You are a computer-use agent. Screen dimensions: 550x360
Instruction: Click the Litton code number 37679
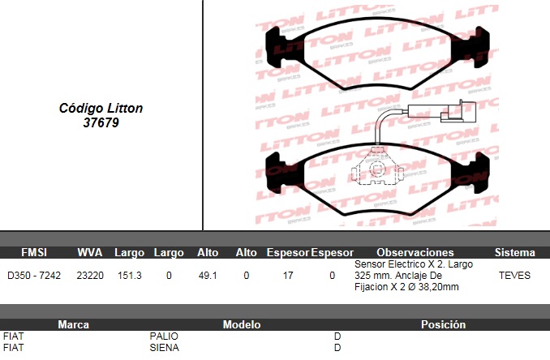[x=101, y=122]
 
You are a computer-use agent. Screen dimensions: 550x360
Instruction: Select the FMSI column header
[x=34, y=252]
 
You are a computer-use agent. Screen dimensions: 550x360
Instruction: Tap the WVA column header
[x=90, y=252]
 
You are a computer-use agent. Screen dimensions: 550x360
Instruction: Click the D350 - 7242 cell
[x=34, y=276]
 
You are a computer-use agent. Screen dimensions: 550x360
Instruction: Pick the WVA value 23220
[x=90, y=276]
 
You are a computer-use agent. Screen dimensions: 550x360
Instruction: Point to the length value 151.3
[x=130, y=276]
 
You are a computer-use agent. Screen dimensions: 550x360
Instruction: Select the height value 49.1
[x=208, y=276]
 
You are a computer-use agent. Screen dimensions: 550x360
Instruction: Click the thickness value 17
[x=288, y=276]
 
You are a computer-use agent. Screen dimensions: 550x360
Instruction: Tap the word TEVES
[x=514, y=276]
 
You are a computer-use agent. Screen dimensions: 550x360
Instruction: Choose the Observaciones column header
[x=415, y=252]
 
